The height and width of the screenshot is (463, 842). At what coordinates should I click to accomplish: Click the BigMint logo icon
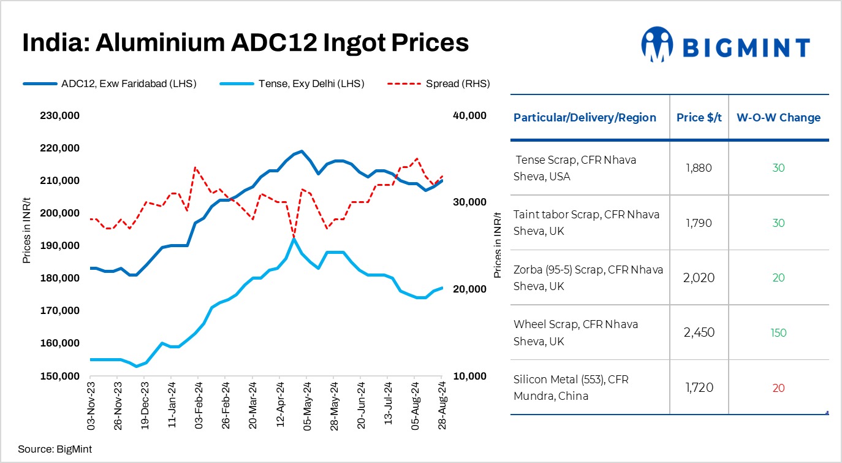tap(657, 45)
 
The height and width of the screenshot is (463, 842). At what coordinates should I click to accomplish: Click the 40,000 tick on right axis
tap(469, 115)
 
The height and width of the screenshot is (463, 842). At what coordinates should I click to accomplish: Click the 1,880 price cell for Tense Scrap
tap(699, 167)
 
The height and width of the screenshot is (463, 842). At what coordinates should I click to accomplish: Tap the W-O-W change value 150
tap(778, 333)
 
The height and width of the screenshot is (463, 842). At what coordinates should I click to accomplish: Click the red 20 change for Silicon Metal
tap(778, 388)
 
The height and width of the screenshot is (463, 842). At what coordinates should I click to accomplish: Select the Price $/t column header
tap(699, 118)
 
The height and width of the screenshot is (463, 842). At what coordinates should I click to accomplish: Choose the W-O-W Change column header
tap(778, 118)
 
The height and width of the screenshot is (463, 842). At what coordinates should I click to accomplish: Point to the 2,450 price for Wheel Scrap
tap(699, 333)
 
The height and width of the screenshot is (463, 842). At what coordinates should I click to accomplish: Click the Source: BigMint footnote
tap(55, 450)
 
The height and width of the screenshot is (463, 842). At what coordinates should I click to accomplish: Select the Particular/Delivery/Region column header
tap(585, 118)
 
